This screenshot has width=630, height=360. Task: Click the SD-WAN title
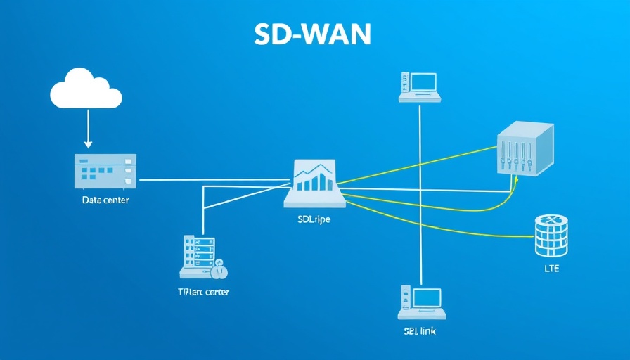pos(314,34)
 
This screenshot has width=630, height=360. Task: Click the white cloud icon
pos(86,90)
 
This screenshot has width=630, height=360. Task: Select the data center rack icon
pos(105,171)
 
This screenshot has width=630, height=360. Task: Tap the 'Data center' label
pos(105,200)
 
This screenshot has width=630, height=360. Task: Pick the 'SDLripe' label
pos(314,219)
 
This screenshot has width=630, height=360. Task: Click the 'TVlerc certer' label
pos(204,291)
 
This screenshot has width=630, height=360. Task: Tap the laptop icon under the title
pos(420,87)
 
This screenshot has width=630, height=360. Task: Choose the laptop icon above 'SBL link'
pos(420,302)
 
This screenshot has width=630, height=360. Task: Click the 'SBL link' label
pos(419,330)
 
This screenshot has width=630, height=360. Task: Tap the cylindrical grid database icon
pos(551,235)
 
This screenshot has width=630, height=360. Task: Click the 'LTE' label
pos(551,269)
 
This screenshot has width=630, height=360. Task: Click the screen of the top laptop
pos(425,83)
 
